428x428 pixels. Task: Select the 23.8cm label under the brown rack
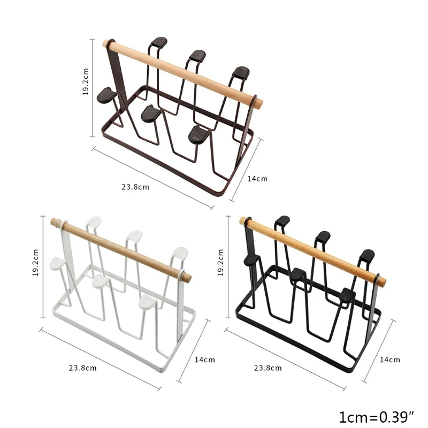click(x=135, y=187)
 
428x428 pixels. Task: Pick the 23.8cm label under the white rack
click(x=82, y=368)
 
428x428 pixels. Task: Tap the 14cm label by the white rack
click(x=204, y=360)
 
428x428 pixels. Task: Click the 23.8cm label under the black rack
click(x=268, y=368)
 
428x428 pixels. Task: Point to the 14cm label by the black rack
click(x=389, y=360)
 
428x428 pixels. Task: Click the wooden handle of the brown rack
click(x=182, y=73)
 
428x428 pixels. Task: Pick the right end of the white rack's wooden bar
click(x=187, y=277)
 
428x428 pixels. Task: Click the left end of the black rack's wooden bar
click(x=243, y=220)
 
